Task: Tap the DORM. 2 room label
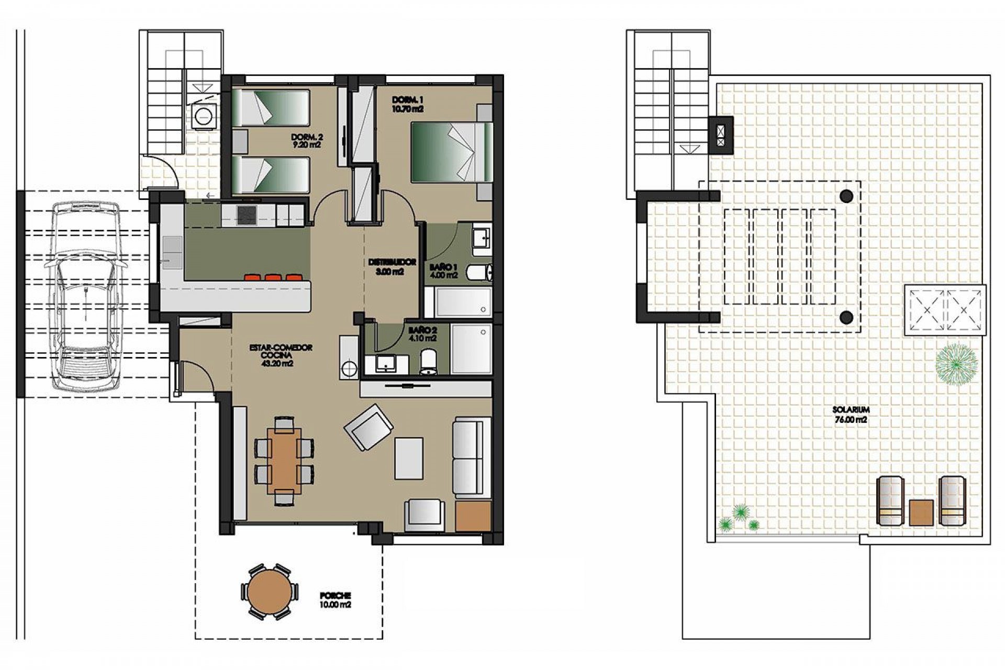(x=306, y=141)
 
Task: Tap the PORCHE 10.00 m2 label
(x=335, y=600)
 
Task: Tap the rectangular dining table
(x=284, y=461)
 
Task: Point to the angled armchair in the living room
(x=368, y=427)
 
